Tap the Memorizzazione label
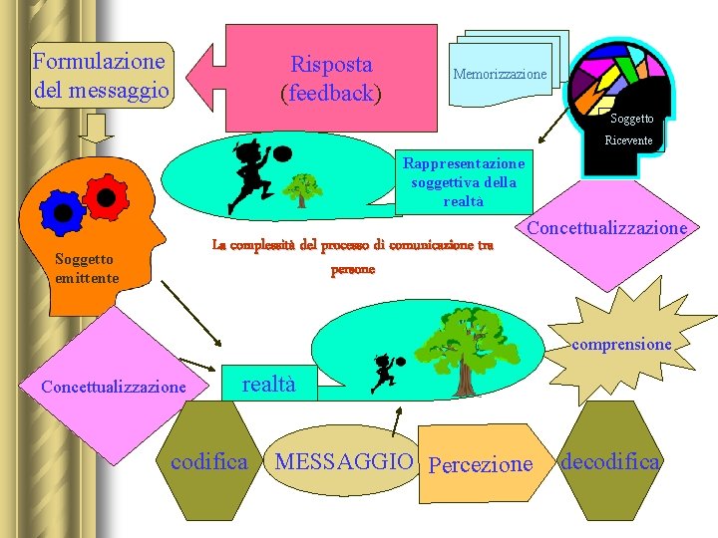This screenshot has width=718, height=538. click(x=500, y=75)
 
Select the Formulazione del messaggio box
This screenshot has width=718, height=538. click(x=100, y=75)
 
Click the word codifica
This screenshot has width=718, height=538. click(x=209, y=461)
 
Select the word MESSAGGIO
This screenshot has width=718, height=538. click(x=343, y=462)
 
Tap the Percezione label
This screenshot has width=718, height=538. click(x=480, y=463)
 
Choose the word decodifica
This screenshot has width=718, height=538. click(x=609, y=461)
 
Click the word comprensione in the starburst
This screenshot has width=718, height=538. click(x=621, y=344)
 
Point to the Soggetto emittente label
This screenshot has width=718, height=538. click(x=88, y=268)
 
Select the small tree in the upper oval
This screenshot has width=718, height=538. click(x=302, y=187)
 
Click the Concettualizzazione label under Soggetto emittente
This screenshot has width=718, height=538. click(x=113, y=386)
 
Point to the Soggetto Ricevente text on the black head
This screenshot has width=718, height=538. click(x=631, y=130)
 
